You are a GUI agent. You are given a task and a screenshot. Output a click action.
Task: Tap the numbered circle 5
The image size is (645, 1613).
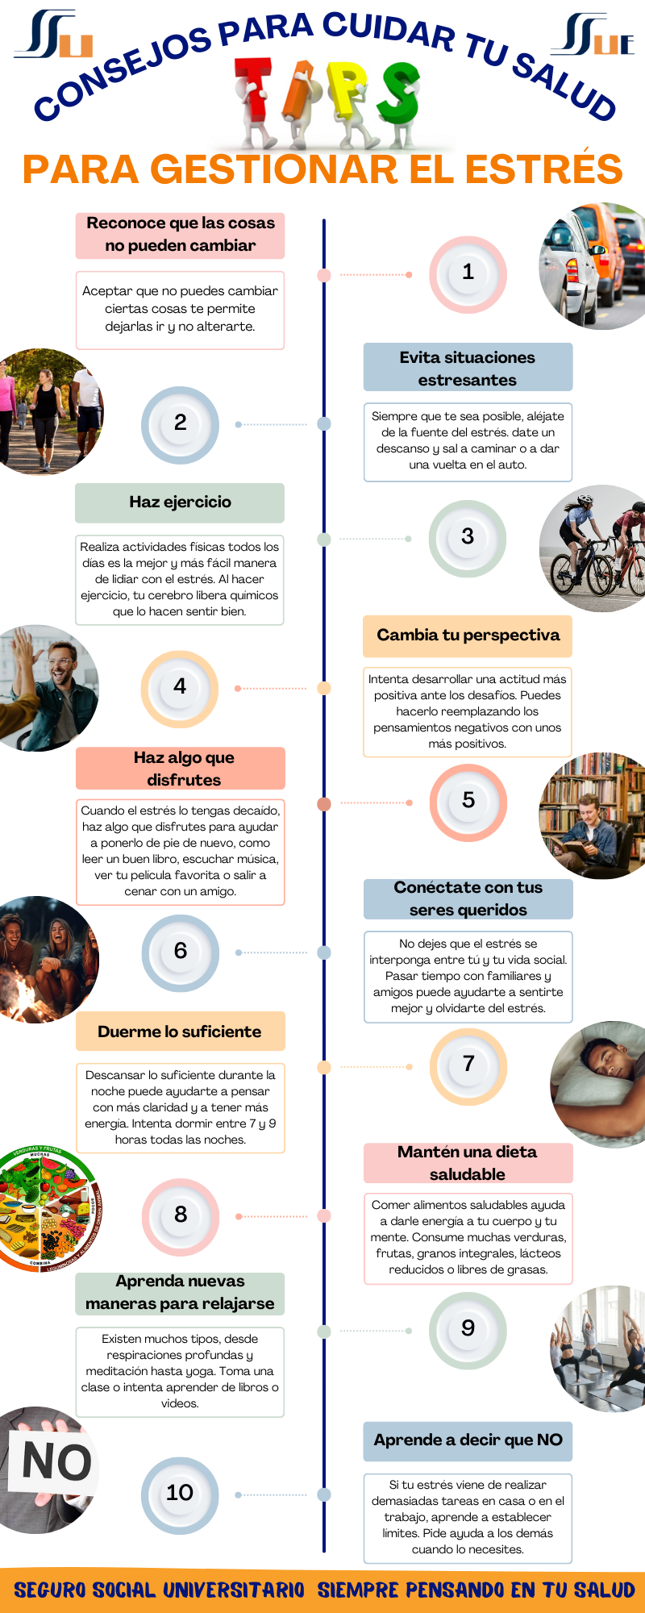pos(468,802)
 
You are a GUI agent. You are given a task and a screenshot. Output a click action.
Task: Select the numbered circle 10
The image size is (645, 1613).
pos(180,1494)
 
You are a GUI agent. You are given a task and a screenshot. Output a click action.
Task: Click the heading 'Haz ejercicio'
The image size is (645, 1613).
pos(180,502)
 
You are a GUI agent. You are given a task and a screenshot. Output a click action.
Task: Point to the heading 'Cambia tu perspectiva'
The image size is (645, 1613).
pos(468,636)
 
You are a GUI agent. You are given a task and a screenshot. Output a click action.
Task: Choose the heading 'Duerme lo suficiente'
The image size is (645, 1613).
pos(180,1032)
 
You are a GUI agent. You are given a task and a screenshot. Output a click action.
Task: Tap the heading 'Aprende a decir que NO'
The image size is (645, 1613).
pos(468,1440)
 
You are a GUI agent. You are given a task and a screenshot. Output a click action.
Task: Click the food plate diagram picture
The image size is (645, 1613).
pos(48,1209)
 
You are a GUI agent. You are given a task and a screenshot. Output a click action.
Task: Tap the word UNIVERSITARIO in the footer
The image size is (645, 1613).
pos(234,1590)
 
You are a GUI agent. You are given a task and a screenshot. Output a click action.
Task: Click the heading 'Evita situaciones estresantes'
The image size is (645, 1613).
pos(468,368)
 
